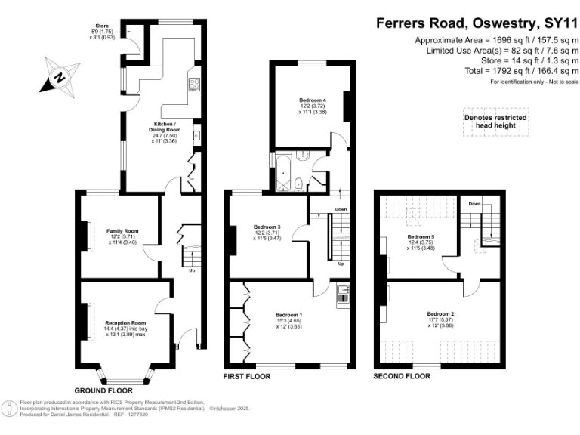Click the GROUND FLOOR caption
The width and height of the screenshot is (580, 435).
coord(103,390)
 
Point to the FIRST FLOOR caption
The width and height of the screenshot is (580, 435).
coord(247,375)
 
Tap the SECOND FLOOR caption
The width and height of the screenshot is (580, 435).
coord(402,375)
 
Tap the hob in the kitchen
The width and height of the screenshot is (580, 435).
coord(194,84)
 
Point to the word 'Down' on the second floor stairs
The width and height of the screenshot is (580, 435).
coord(474,204)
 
